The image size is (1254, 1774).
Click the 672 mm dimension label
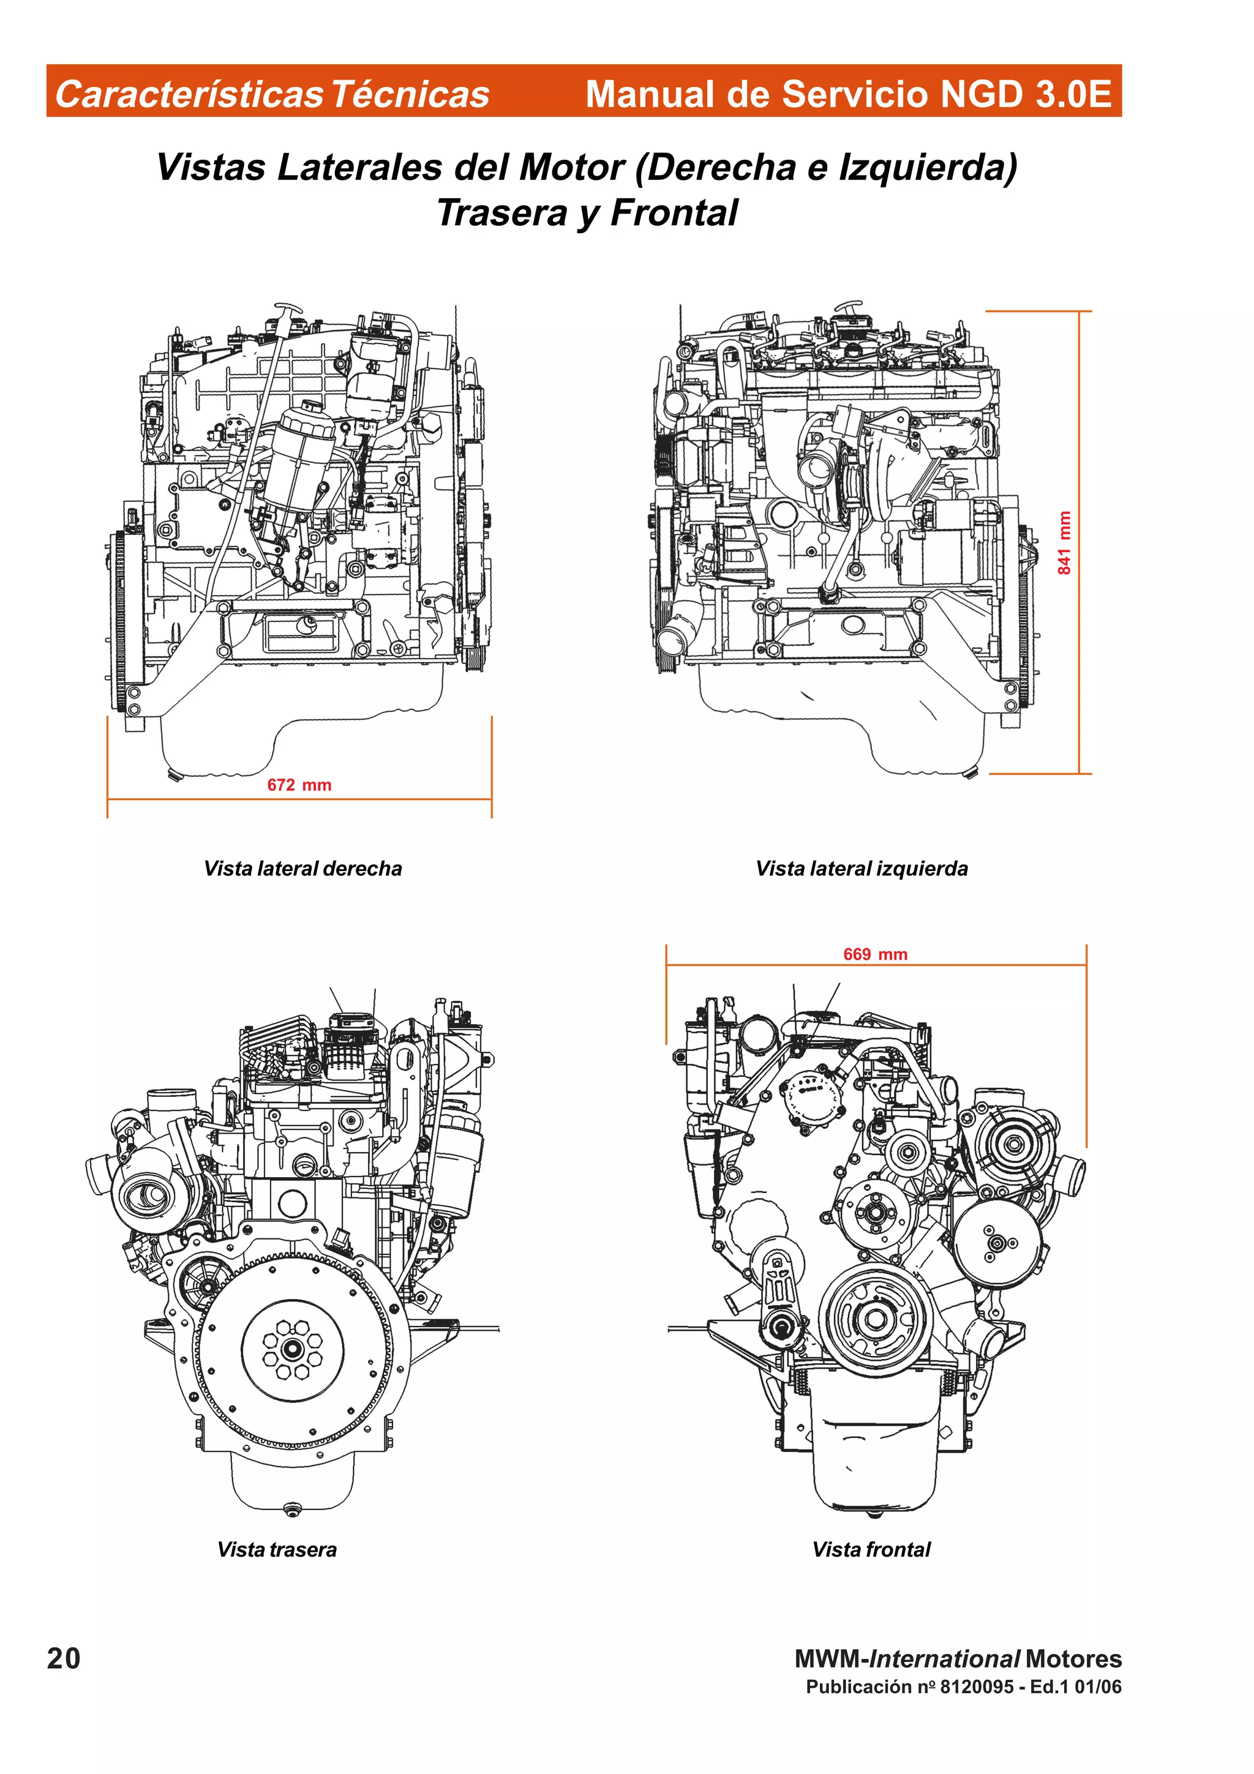tap(299, 785)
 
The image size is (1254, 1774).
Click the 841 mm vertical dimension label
tap(1064, 542)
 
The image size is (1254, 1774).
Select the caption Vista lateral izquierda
tap(861, 869)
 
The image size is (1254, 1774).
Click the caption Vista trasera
tap(277, 1549)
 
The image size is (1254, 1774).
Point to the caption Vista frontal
tap(871, 1549)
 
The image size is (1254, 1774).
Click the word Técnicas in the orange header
tap(410, 94)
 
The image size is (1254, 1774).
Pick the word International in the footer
tap(944, 1659)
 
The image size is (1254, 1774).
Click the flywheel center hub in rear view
tap(292, 1349)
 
